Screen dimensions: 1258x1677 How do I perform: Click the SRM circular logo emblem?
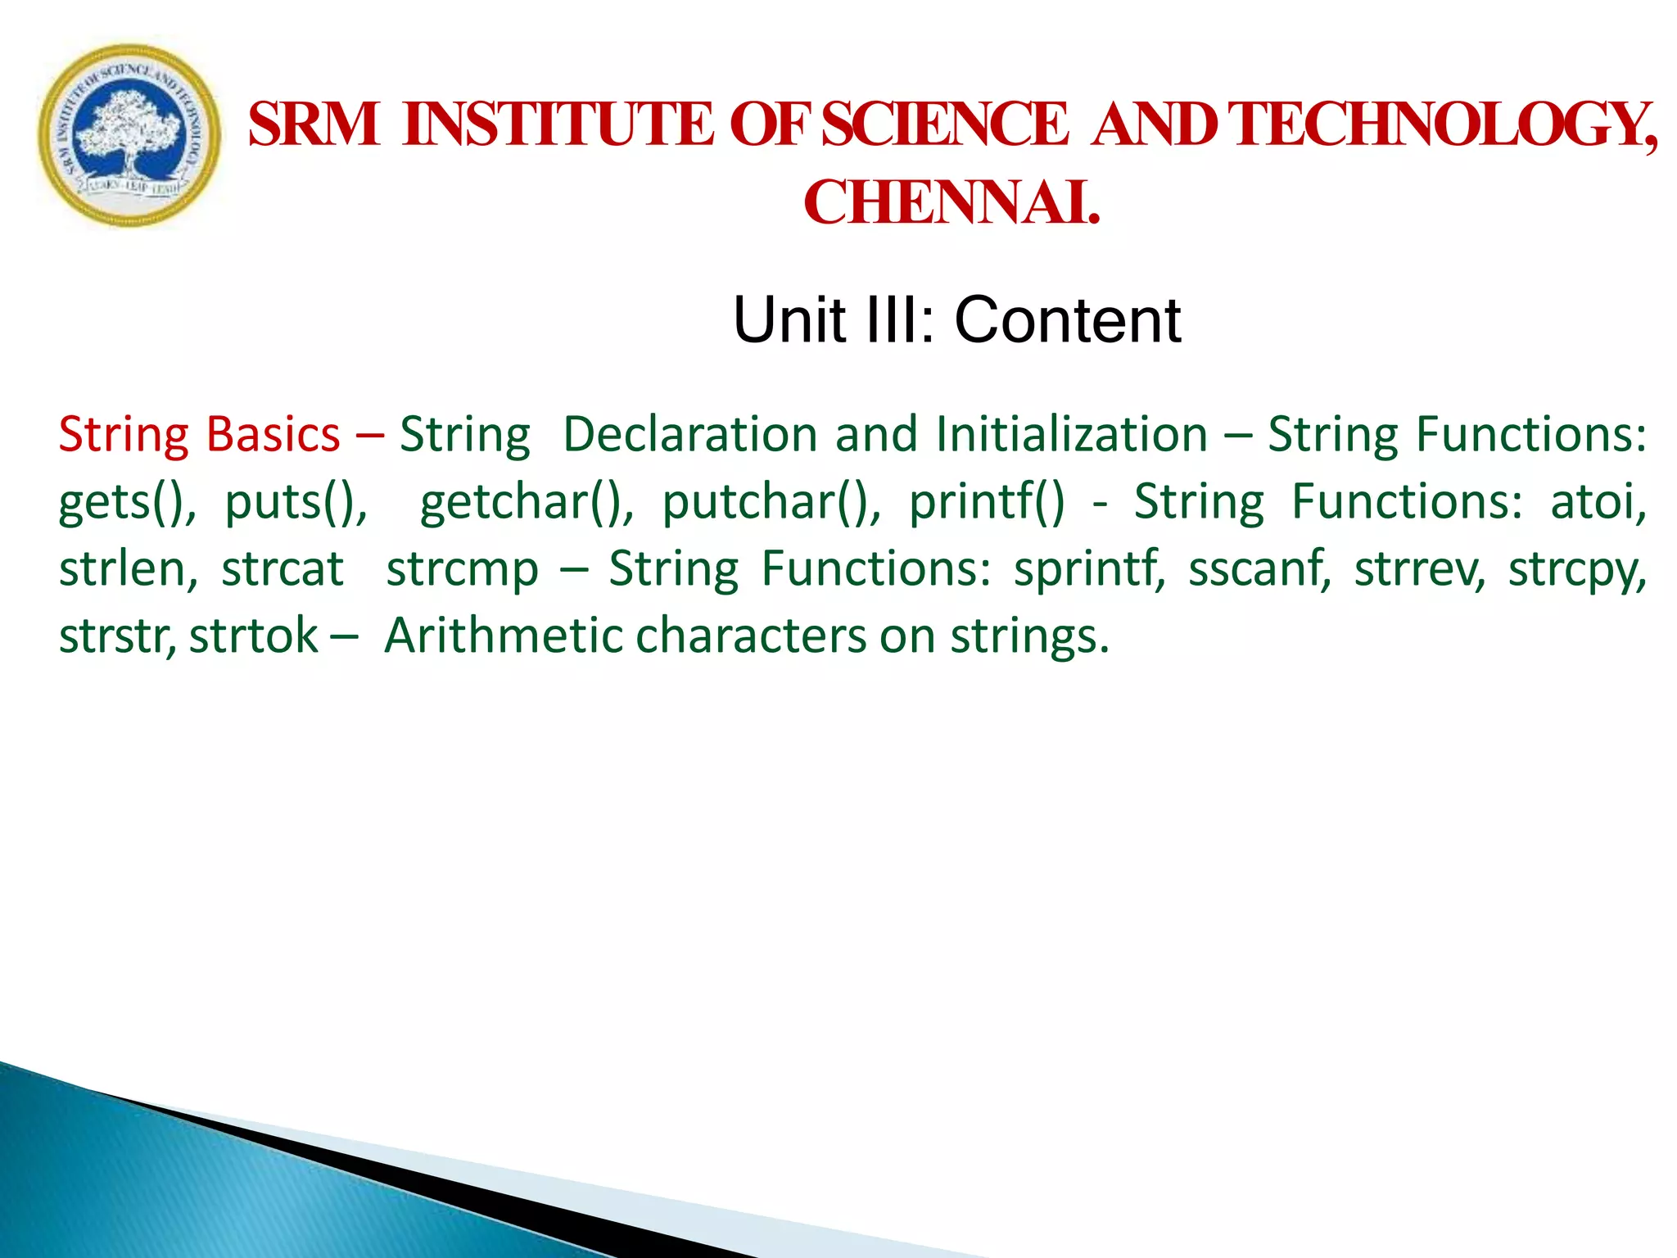pos(129,135)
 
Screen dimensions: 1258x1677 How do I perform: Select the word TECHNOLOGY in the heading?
pos(1441,124)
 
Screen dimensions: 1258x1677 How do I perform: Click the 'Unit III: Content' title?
pos(956,319)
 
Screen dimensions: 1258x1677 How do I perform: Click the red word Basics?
pos(273,434)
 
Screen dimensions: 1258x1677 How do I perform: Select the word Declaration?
pos(689,434)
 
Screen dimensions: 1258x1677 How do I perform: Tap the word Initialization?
pos(1071,434)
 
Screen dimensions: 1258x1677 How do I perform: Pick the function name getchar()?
pos(524,501)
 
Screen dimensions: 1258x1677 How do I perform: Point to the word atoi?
pos(1596,501)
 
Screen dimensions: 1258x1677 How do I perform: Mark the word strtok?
pos(253,636)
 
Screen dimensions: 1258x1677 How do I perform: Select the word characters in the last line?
pos(750,636)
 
